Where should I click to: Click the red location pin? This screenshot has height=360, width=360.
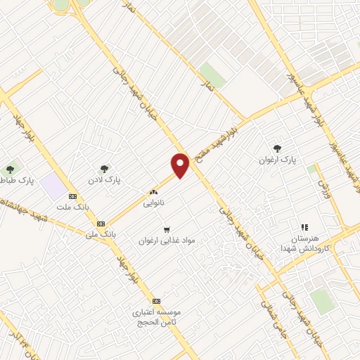pyautogui.click(x=181, y=164)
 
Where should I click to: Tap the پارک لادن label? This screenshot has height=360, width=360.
pyautogui.click(x=105, y=180)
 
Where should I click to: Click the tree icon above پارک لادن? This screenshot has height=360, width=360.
pyautogui.click(x=105, y=169)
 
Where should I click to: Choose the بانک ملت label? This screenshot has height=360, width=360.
pyautogui.click(x=72, y=207)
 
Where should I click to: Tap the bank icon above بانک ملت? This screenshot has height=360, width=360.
pyautogui.click(x=72, y=196)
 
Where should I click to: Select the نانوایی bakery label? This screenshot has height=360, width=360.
pyautogui.click(x=153, y=201)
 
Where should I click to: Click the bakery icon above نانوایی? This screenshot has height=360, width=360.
pyautogui.click(x=153, y=191)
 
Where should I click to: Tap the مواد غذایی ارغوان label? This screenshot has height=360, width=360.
pyautogui.click(x=167, y=240)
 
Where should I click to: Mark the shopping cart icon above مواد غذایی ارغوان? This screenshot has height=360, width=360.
pyautogui.click(x=167, y=229)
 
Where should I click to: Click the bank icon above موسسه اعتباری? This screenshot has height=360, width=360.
pyautogui.click(x=156, y=300)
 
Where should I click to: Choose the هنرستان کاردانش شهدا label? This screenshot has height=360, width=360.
pyautogui.click(x=304, y=244)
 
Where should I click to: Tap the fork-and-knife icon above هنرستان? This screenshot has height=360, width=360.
pyautogui.click(x=304, y=227)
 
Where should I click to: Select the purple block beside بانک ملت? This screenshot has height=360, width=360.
pyautogui.click(x=51, y=187)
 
